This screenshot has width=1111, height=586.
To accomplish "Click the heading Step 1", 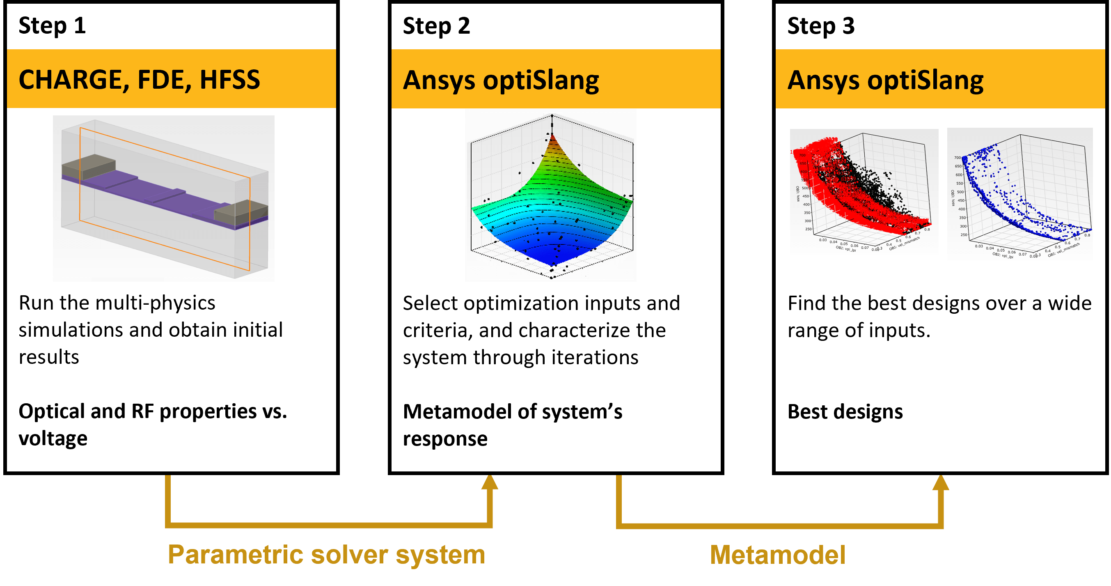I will coord(52,26).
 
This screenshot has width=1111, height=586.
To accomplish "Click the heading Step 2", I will coord(436,26).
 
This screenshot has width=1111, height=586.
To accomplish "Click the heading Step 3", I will coord(820,26).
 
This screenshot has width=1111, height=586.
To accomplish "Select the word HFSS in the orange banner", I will coord(229,80).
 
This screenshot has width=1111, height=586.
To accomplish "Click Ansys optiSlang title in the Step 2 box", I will coord(501,81).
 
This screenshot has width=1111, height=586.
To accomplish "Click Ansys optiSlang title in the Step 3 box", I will coord(885,81).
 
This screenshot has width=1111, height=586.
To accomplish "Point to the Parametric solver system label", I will coord(326,554).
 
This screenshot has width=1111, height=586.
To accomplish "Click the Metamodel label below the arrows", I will coord(777,555).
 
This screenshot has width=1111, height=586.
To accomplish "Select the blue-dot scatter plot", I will coord(1020,194).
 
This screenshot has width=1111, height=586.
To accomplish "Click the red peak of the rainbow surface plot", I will coord(552,145).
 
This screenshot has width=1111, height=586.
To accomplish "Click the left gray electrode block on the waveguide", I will coord(88,167).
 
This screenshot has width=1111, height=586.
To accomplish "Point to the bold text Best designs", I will coord(845,411).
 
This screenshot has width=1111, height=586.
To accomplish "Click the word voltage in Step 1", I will coord(53,439).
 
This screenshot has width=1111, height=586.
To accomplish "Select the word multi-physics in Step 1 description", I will coord(155,303).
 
